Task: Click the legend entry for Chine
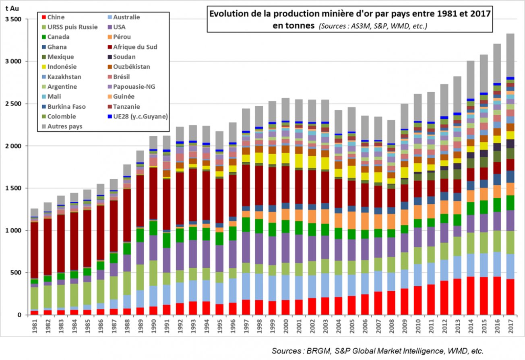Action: (x=56, y=17)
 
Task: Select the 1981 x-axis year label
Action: (x=34, y=327)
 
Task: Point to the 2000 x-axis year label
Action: (x=285, y=327)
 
